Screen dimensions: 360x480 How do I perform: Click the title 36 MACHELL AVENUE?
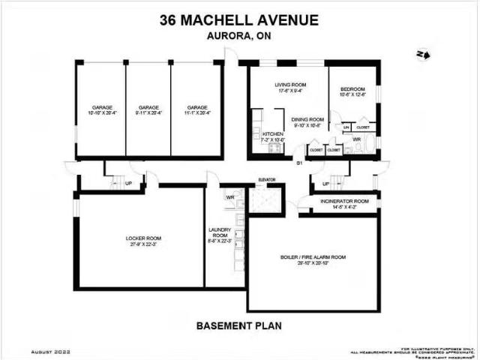[239, 20]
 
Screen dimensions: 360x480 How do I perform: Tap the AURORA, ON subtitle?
[239, 36]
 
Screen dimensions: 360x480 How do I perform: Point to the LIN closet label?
[346, 128]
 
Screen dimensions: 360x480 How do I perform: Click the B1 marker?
[298, 163]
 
